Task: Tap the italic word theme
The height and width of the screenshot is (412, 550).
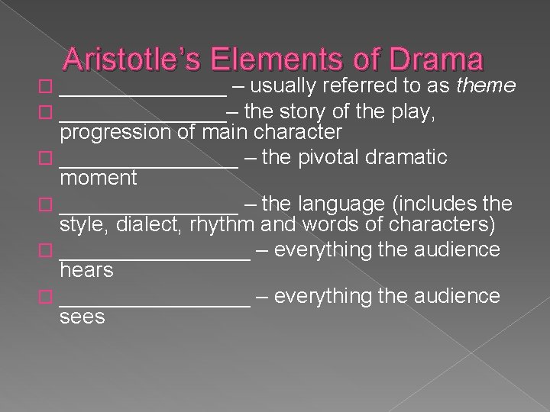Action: tap(486, 86)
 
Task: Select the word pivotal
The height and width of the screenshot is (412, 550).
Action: tap(339, 158)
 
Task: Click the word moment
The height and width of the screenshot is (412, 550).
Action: tap(99, 178)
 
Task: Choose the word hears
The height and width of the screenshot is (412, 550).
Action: tap(86, 270)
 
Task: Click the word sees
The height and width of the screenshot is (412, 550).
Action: tap(82, 316)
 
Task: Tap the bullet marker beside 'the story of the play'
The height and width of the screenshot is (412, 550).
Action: tap(50, 113)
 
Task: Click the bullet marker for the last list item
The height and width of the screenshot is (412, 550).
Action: tap(50, 296)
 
